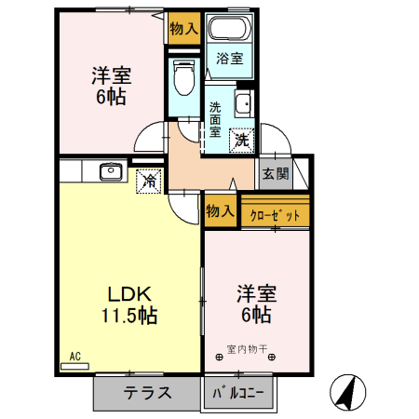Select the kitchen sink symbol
coord(110,169)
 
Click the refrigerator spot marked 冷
coord(149,181)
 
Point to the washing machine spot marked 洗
coord(241,141)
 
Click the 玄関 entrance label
coord(275,173)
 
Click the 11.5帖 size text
coord(128,315)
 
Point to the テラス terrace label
coord(147,393)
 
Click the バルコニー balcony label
coord(239,393)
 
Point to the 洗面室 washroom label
coord(214,118)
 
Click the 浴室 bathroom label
coord(229,59)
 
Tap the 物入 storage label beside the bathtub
coord(182,28)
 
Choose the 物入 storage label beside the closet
coord(220,211)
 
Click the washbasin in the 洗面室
coord(243,104)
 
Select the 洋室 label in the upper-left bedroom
coord(109,74)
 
